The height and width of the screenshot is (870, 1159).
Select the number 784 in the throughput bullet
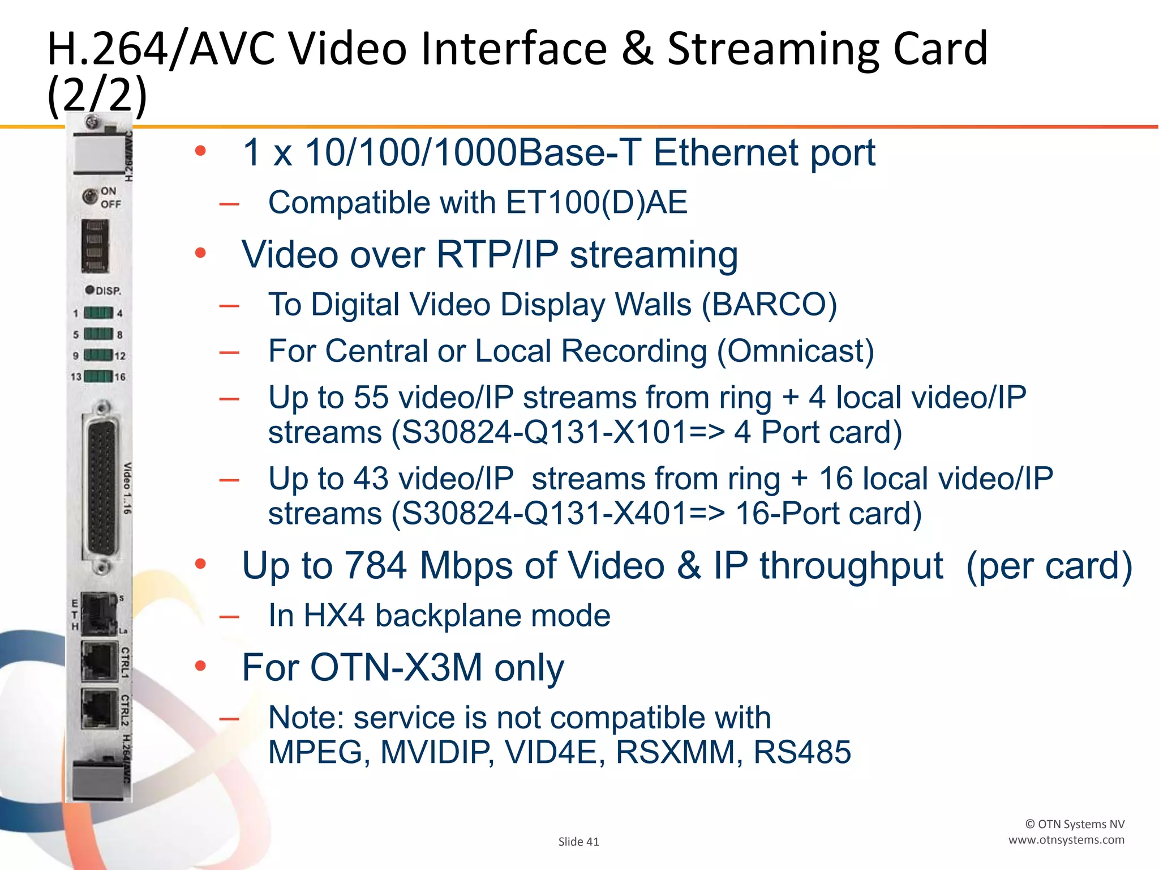coord(375,565)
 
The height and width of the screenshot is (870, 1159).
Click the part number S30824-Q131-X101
coord(534,433)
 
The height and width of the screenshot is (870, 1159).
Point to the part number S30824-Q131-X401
coord(534,514)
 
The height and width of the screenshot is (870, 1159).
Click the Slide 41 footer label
coord(578,842)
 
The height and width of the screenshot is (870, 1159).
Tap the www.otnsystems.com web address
coord(1066,840)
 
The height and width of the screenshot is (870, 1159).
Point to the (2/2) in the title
coord(97,95)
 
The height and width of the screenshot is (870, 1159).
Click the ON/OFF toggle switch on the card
coord(89,197)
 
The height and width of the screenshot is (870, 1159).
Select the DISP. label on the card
coord(107,291)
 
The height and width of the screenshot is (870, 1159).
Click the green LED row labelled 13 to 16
coord(98,377)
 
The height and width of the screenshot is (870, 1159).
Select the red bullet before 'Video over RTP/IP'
coord(200,253)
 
